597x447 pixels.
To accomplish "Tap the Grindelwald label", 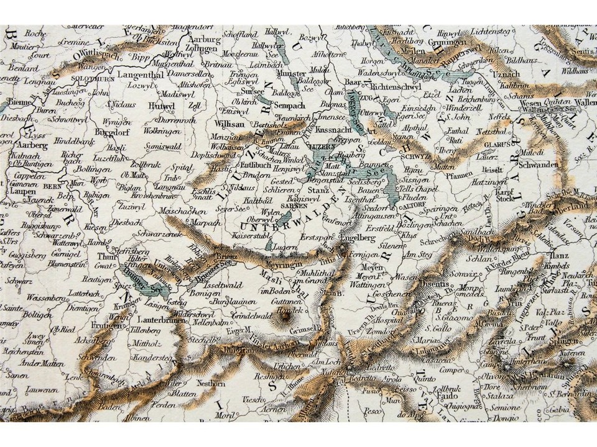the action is point(251,316).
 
